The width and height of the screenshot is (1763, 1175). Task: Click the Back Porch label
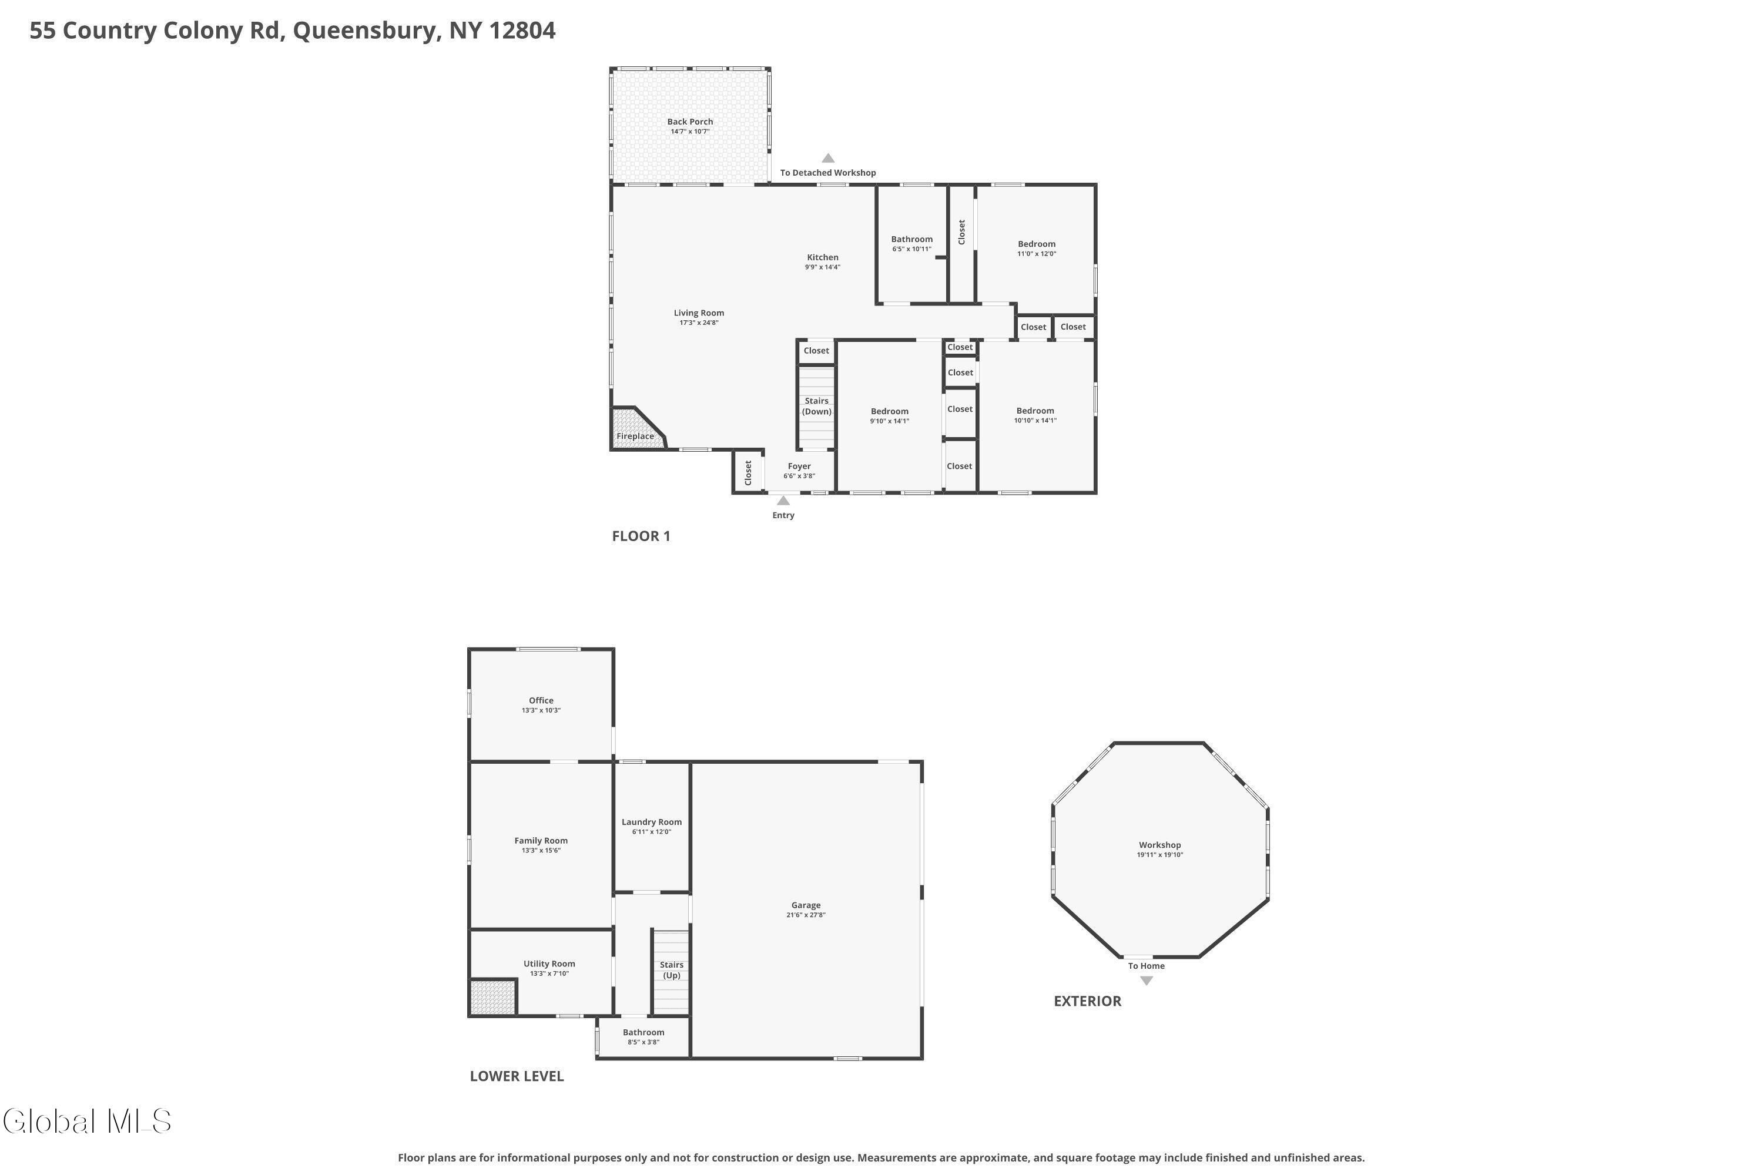pos(689,122)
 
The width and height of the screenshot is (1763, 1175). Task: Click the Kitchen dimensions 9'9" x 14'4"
pos(822,267)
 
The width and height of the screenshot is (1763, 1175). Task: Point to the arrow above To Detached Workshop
pos(827,158)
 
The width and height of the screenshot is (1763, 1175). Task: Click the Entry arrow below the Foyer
pos(783,501)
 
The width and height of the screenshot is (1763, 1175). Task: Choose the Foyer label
pos(799,466)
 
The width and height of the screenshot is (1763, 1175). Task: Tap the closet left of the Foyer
pos(748,472)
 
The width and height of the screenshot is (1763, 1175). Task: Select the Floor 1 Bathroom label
pos(911,239)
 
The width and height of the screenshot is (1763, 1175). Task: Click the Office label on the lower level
pos(541,701)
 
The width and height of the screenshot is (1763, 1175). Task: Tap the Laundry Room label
pos(651,822)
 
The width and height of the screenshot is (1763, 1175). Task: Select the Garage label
pos(806,905)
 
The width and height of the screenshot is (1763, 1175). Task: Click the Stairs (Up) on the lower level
pos(671,971)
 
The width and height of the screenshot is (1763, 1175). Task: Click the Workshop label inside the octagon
pos(1159,845)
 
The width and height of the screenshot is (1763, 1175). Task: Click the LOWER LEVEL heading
pos(517,1076)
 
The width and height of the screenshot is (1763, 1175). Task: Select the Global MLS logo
pos(87,1122)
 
